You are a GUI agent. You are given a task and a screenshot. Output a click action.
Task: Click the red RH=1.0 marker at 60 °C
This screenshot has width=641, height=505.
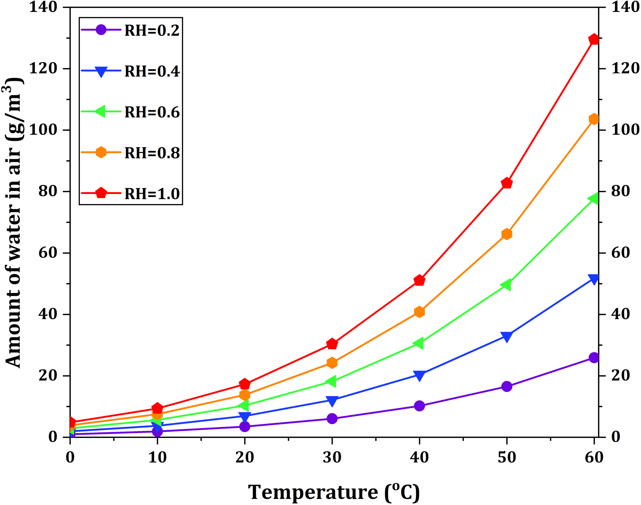pos(594,39)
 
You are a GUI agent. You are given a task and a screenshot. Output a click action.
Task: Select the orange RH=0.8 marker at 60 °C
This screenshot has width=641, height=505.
pos(594,119)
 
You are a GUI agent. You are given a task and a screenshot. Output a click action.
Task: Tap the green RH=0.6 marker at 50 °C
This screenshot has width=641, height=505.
pos(507,285)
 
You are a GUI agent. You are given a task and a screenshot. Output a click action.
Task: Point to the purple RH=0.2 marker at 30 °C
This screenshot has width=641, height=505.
pos(332,419)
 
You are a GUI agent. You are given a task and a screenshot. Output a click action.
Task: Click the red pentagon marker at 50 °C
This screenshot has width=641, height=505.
pos(507,183)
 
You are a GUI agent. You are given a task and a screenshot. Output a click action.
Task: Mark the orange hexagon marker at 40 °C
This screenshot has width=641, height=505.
pos(419,312)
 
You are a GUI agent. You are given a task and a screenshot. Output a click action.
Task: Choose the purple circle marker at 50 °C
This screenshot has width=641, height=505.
pos(507,386)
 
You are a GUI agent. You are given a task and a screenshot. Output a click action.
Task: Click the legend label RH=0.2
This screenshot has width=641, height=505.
pos(152,31)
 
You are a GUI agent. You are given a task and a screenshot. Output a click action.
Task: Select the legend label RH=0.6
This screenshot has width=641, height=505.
pos(152,112)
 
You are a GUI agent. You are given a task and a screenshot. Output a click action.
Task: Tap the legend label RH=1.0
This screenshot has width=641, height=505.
pos(152,194)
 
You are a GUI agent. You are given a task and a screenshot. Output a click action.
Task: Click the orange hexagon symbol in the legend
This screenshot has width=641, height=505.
pos(101,152)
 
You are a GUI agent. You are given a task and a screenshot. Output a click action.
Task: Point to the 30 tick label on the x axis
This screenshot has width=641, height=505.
pos(332,458)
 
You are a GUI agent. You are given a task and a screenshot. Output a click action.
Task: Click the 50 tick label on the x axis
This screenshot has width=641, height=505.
pos(507,458)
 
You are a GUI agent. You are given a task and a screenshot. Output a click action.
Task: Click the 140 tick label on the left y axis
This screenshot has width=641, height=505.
pos(43,7)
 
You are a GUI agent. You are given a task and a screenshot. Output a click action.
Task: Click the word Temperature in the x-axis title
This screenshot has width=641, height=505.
pos(313,492)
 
